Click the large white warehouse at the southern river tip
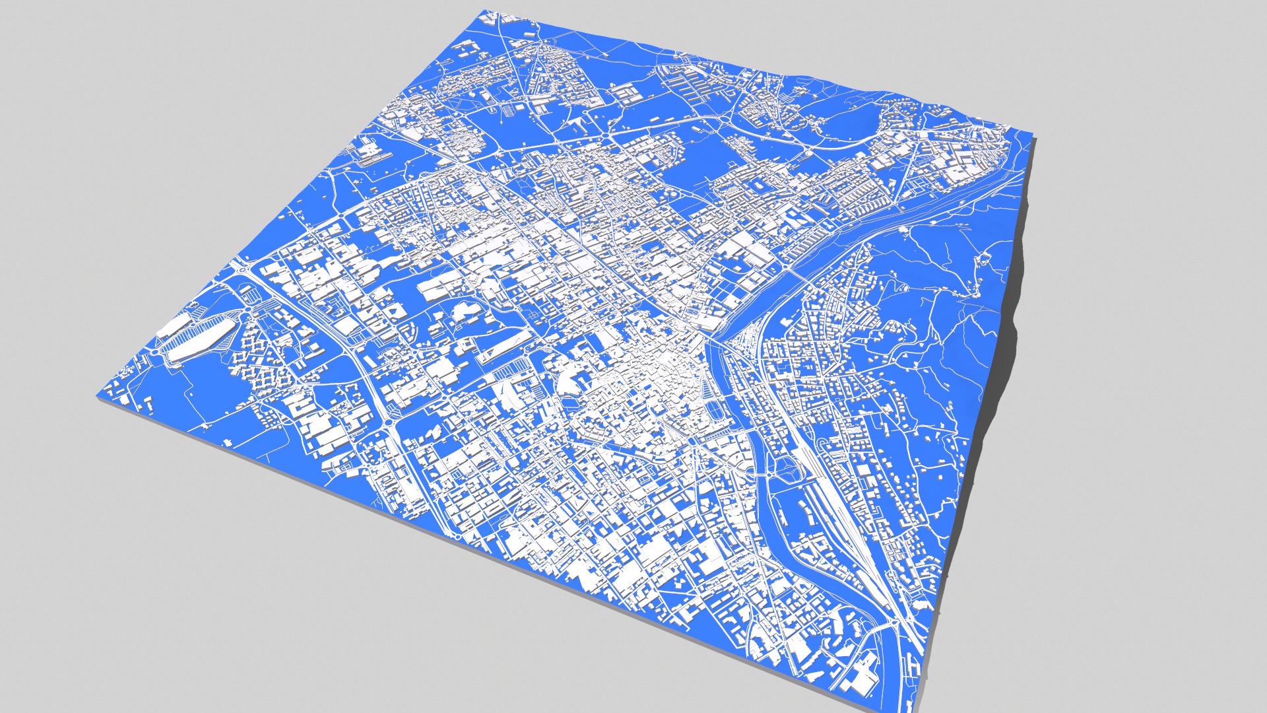(861, 673)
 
